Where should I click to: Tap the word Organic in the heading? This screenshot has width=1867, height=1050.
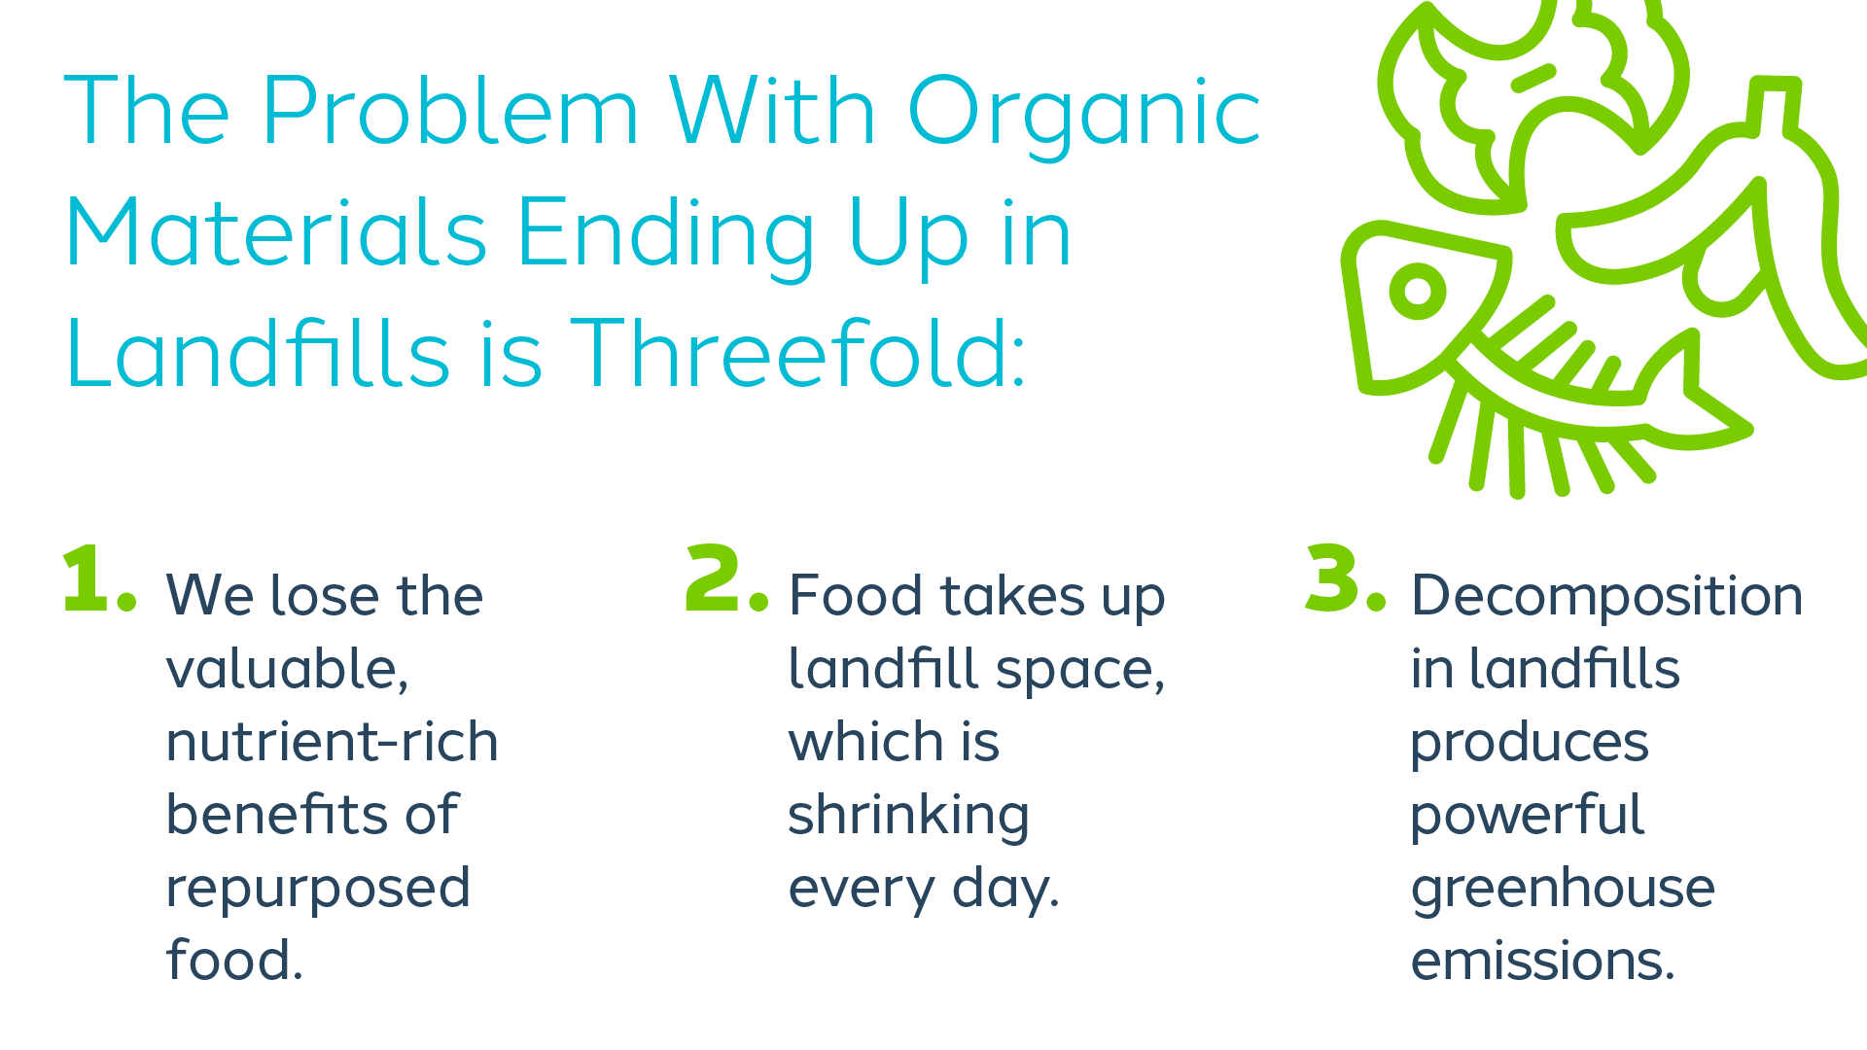(1083, 115)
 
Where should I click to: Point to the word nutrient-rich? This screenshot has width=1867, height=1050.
(332, 742)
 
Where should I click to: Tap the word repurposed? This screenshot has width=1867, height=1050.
(318, 890)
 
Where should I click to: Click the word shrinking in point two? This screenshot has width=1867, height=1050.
(908, 817)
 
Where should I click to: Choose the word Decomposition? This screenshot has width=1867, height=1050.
(1606, 597)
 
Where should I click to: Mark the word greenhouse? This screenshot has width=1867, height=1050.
(1563, 890)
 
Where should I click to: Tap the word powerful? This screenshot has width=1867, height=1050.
(1527, 817)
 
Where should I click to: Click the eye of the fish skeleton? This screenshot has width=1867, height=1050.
(1417, 291)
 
